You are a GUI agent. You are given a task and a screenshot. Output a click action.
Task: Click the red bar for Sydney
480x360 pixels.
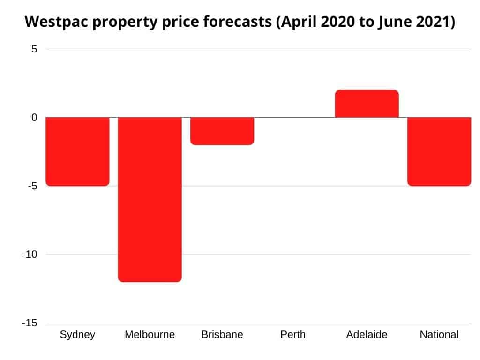tap(77, 151)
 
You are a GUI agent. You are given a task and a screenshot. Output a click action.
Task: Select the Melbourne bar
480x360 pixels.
tap(150, 199)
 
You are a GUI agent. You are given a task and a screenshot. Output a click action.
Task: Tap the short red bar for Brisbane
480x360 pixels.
tap(222, 131)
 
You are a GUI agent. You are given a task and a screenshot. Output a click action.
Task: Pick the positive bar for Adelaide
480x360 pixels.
tap(367, 104)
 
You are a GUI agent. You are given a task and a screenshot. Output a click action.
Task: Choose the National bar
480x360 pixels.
tap(439, 151)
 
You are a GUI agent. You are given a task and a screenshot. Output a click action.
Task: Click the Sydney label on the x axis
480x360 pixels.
tap(77, 335)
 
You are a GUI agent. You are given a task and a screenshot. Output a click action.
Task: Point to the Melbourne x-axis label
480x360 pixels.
tap(150, 335)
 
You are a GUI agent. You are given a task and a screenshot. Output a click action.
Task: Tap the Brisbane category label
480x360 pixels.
tap(222, 335)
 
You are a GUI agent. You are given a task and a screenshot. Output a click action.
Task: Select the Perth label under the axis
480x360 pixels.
tap(293, 335)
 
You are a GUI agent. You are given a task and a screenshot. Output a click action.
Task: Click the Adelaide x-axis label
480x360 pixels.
tap(367, 335)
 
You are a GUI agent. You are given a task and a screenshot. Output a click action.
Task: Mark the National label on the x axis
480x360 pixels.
tap(439, 335)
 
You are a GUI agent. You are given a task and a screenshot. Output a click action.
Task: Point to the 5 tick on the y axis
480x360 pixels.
tap(34, 49)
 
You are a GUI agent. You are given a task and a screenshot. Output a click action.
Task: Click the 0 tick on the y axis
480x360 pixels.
tap(34, 117)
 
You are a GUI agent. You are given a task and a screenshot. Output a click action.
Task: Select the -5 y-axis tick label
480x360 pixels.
tap(32, 186)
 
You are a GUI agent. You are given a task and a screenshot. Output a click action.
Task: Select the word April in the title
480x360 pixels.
tap(295, 22)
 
